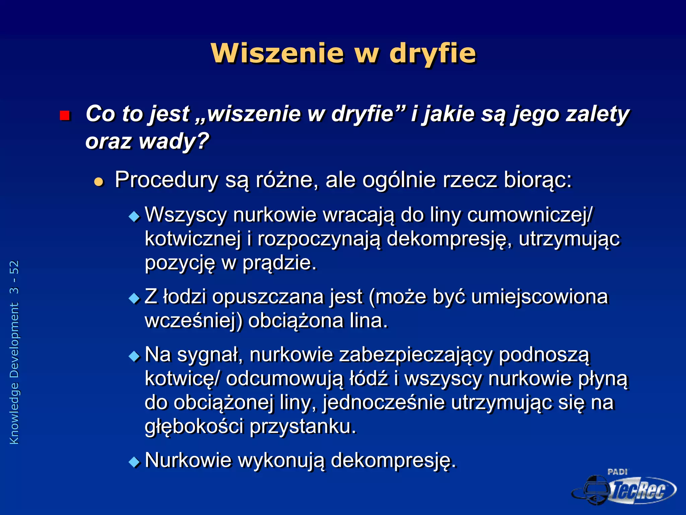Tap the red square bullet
pyautogui.click(x=64, y=116)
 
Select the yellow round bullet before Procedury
pyautogui.click(x=99, y=182)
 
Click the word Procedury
pyautogui.click(x=166, y=180)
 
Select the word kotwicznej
pyautogui.click(x=193, y=239)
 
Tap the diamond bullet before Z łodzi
pyautogui.click(x=134, y=298)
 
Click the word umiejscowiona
pyautogui.click(x=539, y=297)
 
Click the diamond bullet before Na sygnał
pyautogui.click(x=134, y=356)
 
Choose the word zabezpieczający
pyautogui.click(x=416, y=355)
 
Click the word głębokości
pyautogui.click(x=194, y=426)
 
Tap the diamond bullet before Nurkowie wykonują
pyautogui.click(x=134, y=462)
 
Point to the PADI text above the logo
pyautogui.click(x=617, y=472)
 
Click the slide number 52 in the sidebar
pyautogui.click(x=14, y=268)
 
